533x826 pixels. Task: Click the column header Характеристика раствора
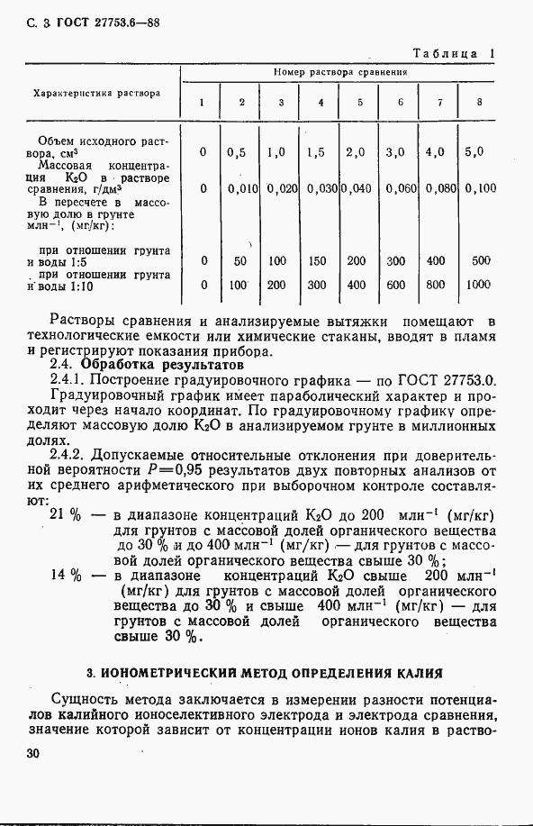pyautogui.click(x=97, y=93)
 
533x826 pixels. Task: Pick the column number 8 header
pyautogui.click(x=479, y=102)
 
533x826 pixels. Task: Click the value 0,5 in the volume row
pyautogui.click(x=238, y=152)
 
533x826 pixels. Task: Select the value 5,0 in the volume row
pyautogui.click(x=474, y=152)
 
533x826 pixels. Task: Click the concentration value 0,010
pyautogui.click(x=243, y=188)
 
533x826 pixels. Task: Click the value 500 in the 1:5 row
pyautogui.click(x=481, y=261)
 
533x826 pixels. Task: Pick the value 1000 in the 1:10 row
pyautogui.click(x=479, y=285)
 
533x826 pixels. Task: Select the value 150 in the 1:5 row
pyautogui.click(x=316, y=261)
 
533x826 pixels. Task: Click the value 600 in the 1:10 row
pyautogui.click(x=395, y=285)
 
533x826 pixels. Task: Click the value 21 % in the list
pyautogui.click(x=67, y=514)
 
